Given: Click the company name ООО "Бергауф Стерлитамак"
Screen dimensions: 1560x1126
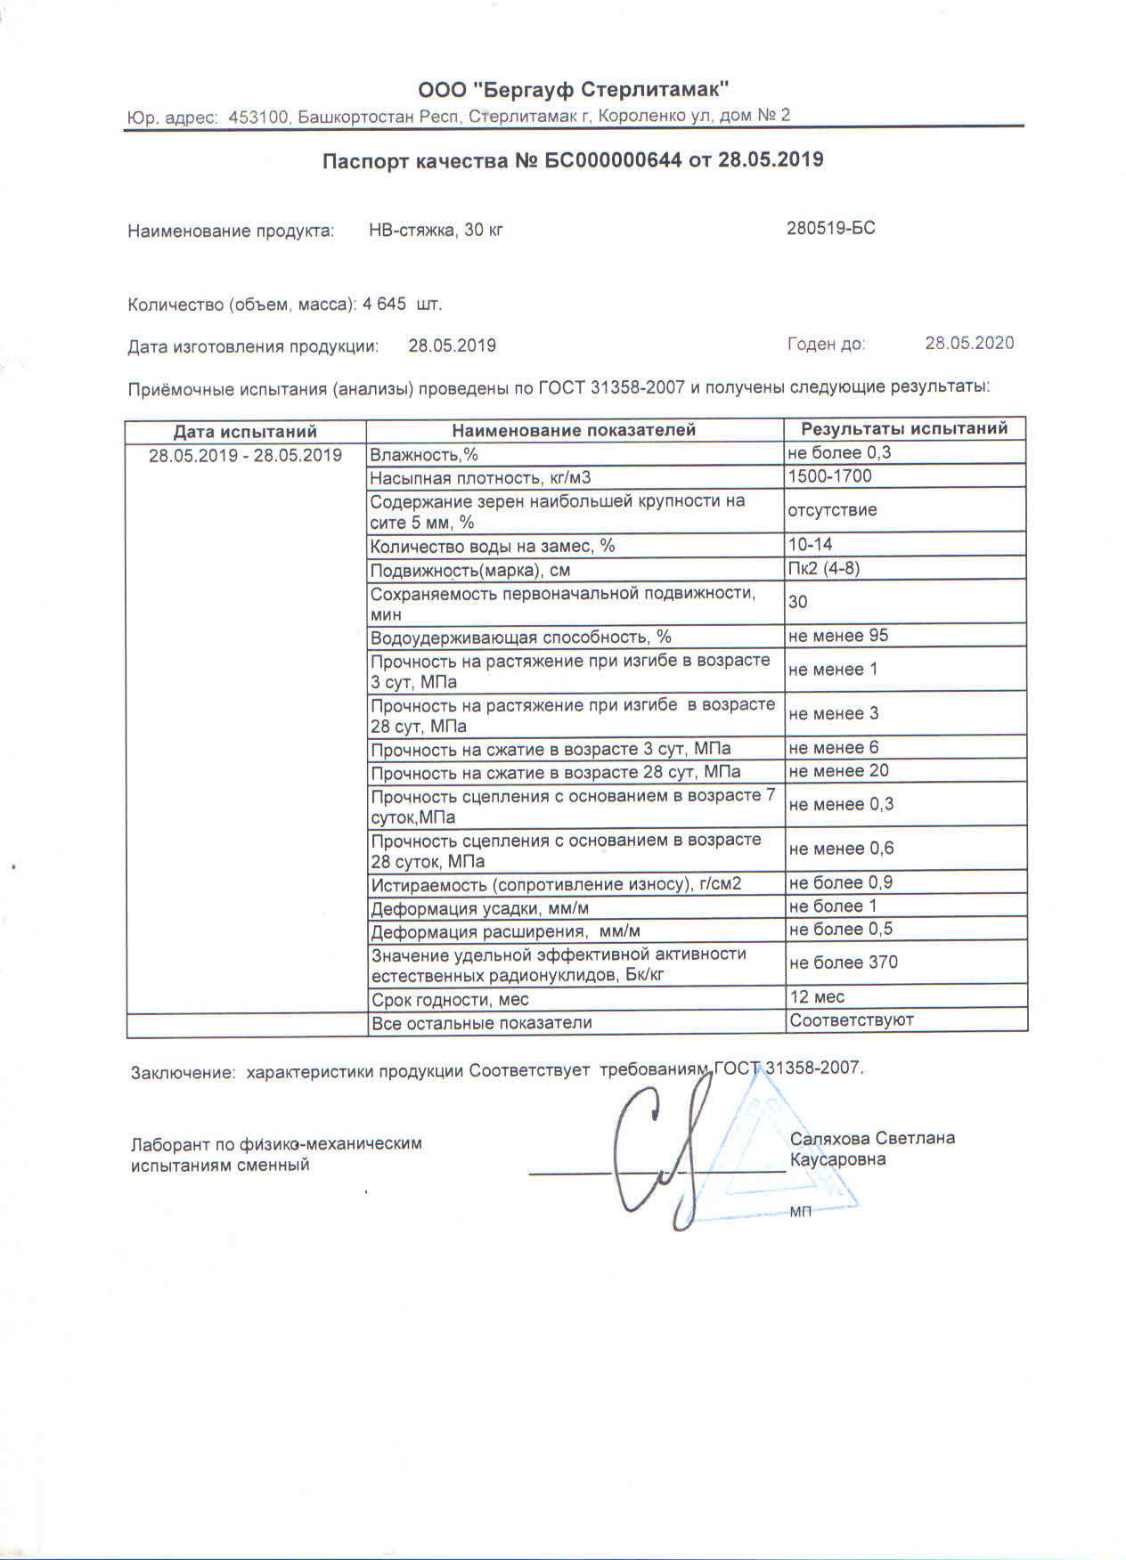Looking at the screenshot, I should [x=574, y=89].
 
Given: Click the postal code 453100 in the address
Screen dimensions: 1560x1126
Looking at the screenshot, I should [x=258, y=117].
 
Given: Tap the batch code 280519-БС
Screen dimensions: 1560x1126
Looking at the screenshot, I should [x=830, y=228].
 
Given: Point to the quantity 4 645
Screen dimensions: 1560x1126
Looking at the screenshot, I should [x=385, y=304].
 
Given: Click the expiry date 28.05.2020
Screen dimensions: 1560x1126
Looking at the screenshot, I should [x=968, y=343].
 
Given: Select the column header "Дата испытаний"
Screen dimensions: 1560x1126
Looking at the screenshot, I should [x=245, y=432].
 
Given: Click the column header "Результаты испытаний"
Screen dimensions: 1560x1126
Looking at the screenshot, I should [x=904, y=428].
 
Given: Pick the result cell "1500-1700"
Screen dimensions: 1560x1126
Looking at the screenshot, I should [x=830, y=476].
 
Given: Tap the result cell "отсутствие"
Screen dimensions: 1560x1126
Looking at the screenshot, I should [x=832, y=510].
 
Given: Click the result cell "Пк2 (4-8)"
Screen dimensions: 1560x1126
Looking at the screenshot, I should [x=824, y=568].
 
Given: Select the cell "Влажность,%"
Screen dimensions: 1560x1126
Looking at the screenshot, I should [x=424, y=455].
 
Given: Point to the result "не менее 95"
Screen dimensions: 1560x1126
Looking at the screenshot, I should [x=838, y=636].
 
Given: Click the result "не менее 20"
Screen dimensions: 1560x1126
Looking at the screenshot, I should [x=838, y=771].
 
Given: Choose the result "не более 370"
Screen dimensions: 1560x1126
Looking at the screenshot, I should [x=843, y=963].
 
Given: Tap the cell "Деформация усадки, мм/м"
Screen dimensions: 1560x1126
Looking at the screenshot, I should [x=480, y=908].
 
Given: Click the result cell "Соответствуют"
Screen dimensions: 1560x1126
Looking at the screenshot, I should [x=852, y=1020].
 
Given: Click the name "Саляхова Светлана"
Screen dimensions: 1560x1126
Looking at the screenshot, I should [x=872, y=1138].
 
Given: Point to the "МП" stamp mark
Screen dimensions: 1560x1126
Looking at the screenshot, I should [x=800, y=1212].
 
